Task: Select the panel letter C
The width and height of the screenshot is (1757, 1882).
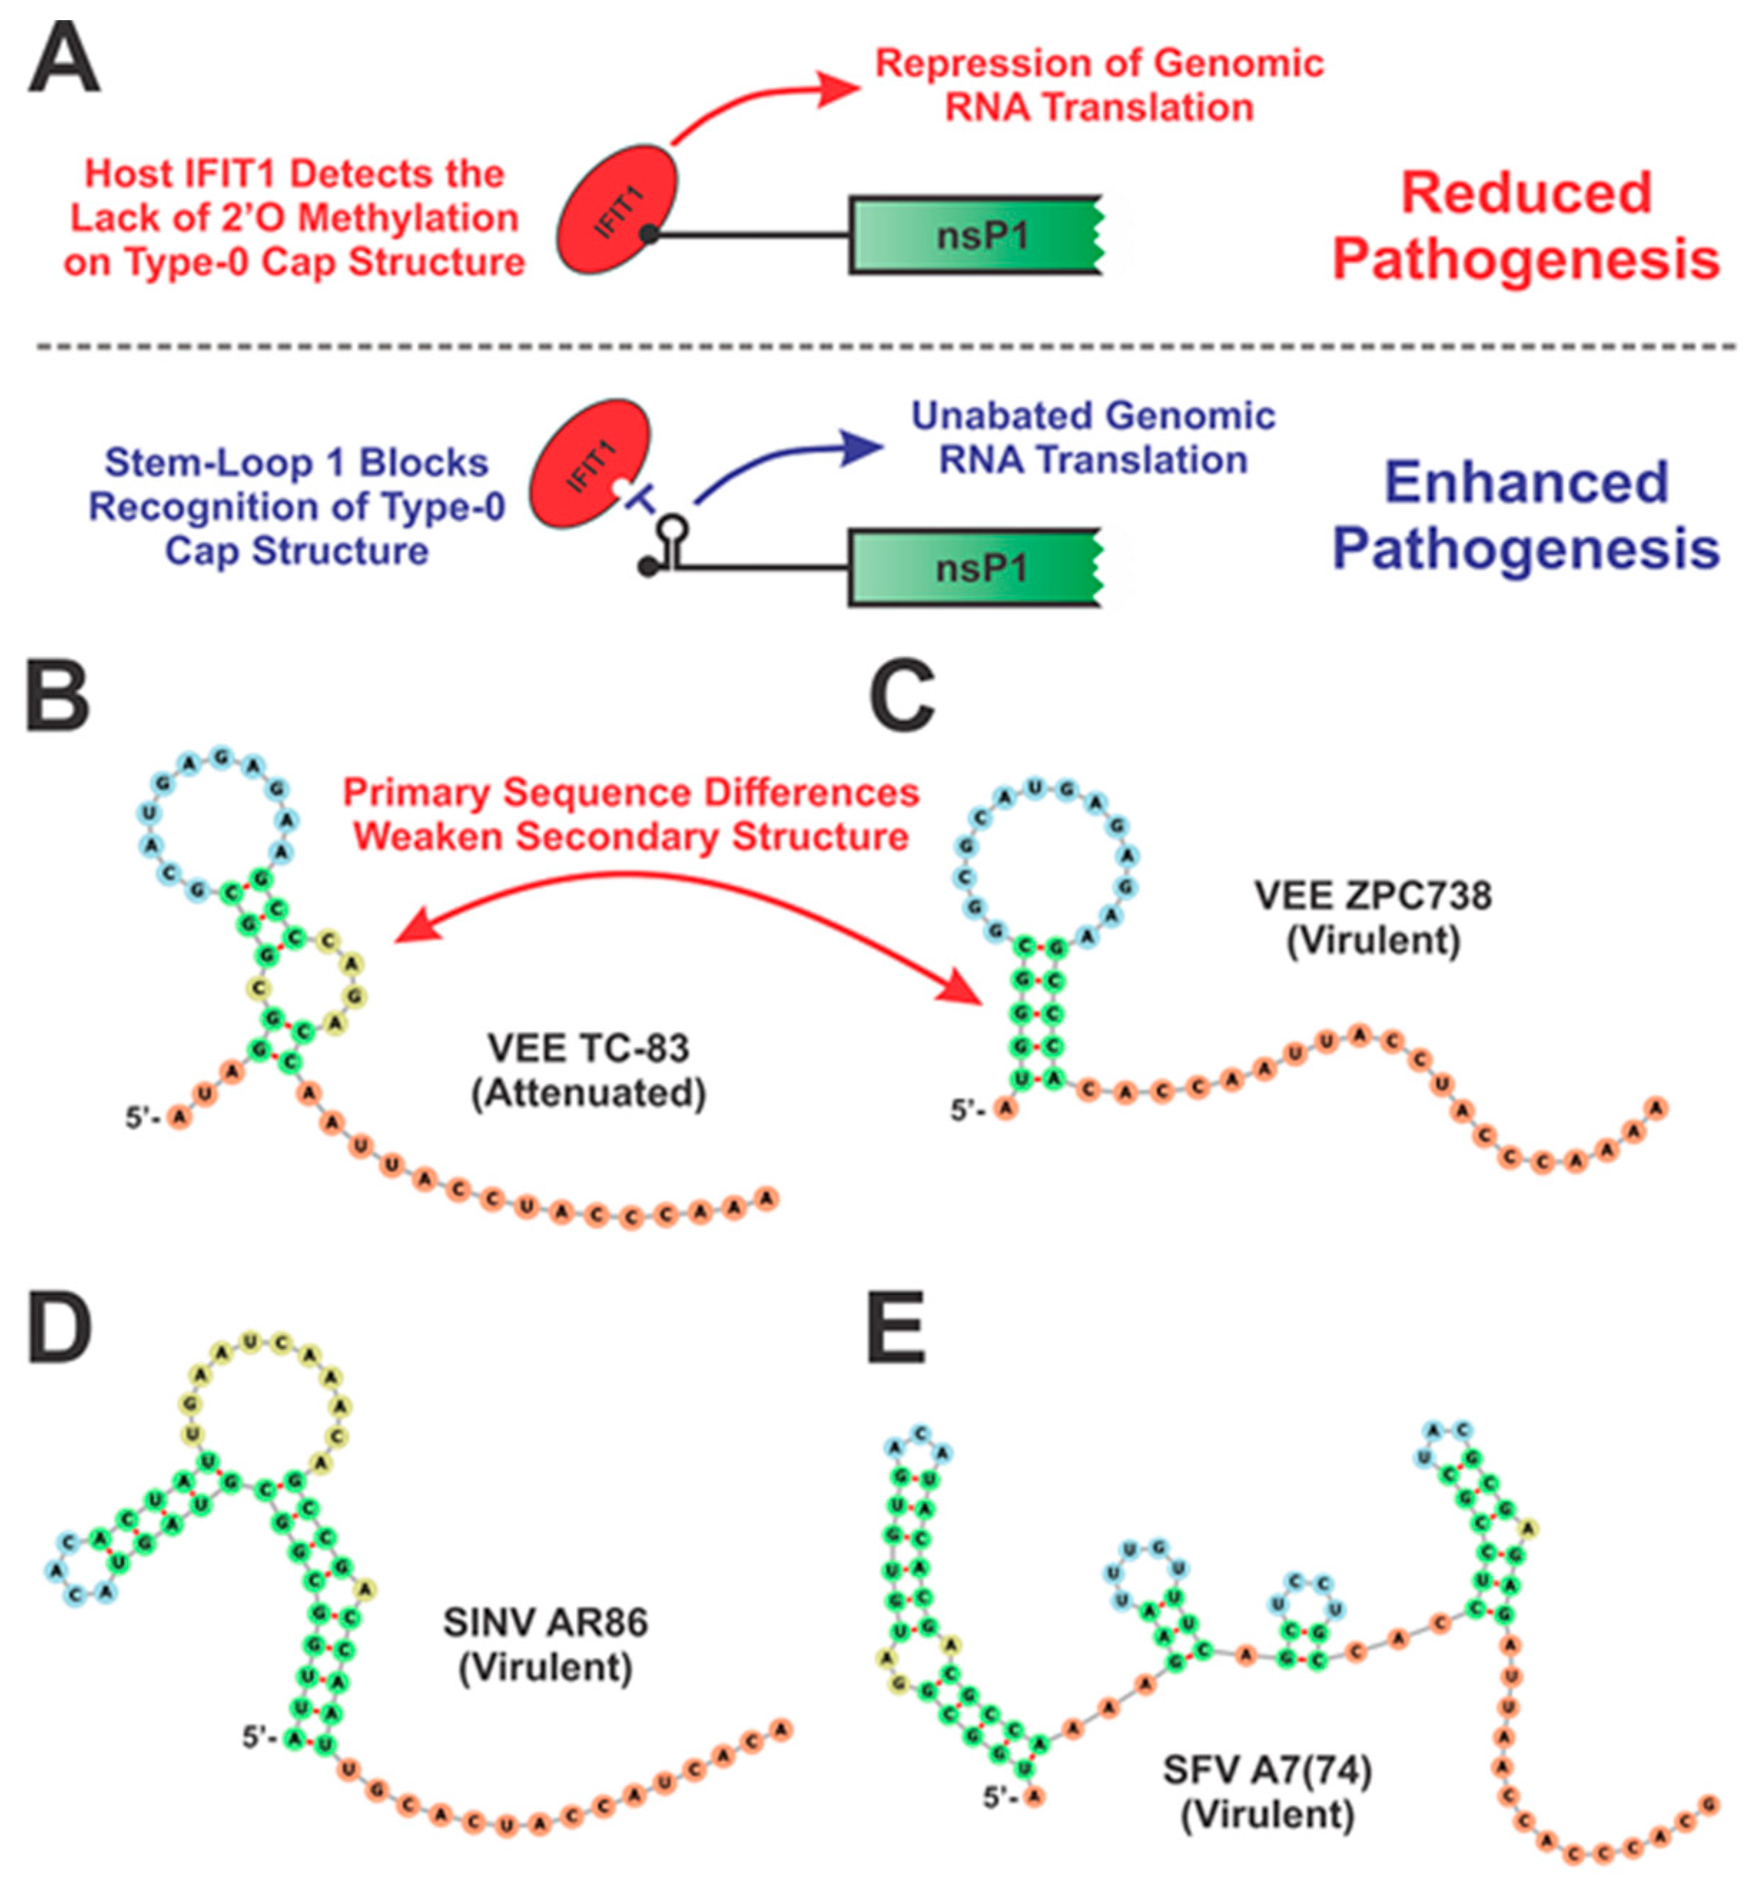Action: pyautogui.click(x=901, y=698)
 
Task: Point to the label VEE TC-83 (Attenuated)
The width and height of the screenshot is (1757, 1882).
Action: pyautogui.click(x=588, y=1070)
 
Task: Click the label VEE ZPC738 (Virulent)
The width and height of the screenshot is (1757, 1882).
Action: pyautogui.click(x=1373, y=917)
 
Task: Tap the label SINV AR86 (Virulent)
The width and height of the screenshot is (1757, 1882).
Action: pyautogui.click(x=545, y=1644)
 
